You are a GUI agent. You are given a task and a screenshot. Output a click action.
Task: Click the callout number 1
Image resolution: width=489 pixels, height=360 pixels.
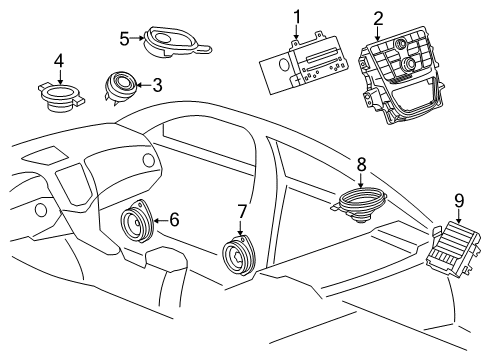[296, 16]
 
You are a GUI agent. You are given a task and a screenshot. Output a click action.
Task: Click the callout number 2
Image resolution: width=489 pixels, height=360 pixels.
[377, 17]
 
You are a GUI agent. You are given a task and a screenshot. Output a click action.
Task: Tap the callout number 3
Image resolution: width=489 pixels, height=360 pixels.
[157, 86]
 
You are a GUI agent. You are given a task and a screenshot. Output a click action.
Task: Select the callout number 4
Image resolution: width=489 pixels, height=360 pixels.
[59, 61]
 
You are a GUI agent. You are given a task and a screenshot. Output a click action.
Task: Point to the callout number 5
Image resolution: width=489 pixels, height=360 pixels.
[124, 39]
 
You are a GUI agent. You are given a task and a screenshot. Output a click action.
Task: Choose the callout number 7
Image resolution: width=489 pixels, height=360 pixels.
[241, 211]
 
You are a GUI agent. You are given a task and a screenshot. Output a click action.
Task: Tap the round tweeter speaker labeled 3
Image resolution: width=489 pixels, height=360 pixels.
[123, 86]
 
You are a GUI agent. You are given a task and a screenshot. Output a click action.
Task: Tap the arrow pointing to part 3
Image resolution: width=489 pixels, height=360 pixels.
[144, 86]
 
